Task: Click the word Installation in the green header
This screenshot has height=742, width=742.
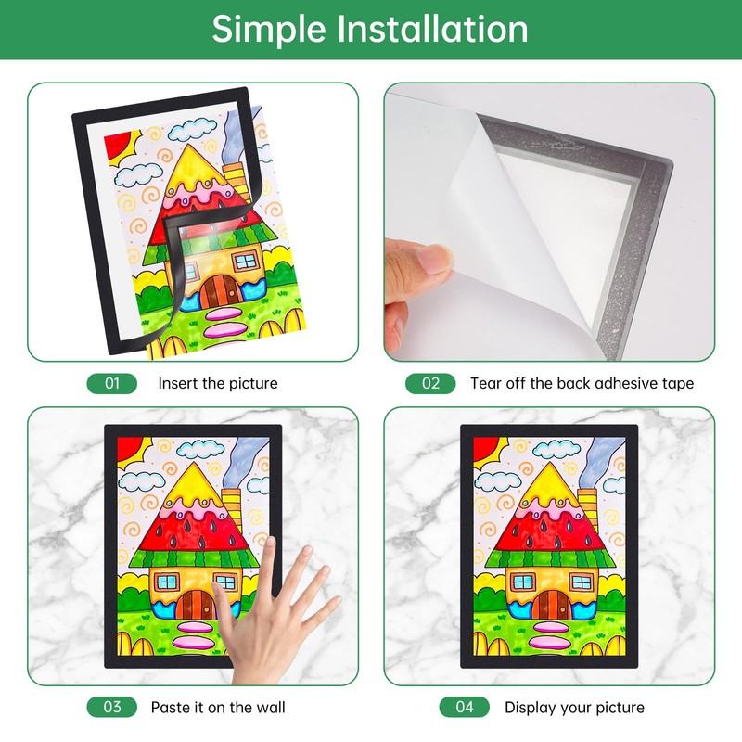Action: coord(432,30)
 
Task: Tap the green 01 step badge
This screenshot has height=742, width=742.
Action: coord(112,383)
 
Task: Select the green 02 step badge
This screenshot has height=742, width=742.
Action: coord(430,383)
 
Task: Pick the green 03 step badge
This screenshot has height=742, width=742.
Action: coord(112,707)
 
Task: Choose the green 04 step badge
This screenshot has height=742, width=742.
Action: coord(465,707)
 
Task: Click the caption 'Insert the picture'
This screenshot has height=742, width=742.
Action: coord(218,383)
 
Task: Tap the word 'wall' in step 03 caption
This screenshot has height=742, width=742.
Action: coord(271,707)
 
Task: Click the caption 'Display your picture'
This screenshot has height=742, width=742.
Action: coord(574,708)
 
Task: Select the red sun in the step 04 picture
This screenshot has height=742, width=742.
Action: coord(486,450)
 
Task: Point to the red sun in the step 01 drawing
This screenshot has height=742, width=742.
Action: coord(118,146)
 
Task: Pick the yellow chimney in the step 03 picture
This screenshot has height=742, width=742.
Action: coord(231,510)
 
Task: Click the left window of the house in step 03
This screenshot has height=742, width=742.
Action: coord(167,582)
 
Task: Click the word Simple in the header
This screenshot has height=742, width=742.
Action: coord(269,30)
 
